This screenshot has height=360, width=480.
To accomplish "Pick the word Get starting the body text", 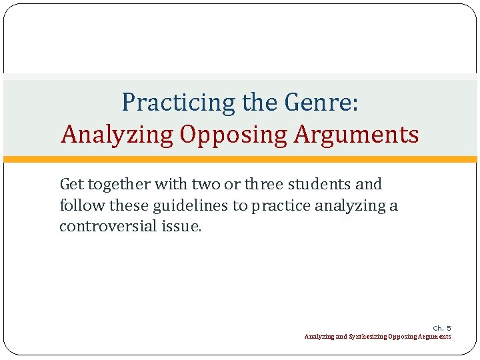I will click(x=72, y=184).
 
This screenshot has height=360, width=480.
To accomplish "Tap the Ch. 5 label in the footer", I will click(x=441, y=328).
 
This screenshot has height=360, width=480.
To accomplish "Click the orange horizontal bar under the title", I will click(x=240, y=159).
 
